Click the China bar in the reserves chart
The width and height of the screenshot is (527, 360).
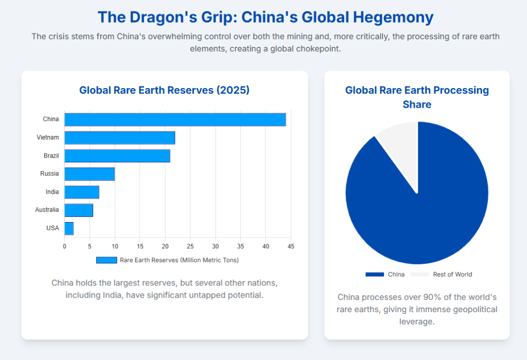click(x=175, y=119)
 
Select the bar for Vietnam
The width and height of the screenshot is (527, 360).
click(x=119, y=138)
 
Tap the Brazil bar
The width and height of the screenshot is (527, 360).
click(x=117, y=156)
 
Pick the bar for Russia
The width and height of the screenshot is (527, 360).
click(x=90, y=174)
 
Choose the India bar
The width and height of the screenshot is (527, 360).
click(x=82, y=192)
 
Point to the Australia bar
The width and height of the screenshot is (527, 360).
click(x=79, y=210)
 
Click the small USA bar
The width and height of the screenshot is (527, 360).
click(x=69, y=228)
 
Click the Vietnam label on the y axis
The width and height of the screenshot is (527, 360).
click(x=48, y=138)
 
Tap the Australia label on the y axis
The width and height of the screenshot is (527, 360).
click(x=47, y=210)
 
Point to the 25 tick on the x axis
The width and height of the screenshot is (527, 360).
click(x=190, y=246)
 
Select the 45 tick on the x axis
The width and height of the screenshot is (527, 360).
click(x=291, y=246)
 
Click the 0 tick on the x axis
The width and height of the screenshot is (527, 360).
click(x=64, y=246)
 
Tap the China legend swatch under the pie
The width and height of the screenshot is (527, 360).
click(x=375, y=275)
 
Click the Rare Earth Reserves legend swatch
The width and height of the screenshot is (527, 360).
click(x=107, y=260)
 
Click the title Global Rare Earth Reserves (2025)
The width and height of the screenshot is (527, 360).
click(x=164, y=90)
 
